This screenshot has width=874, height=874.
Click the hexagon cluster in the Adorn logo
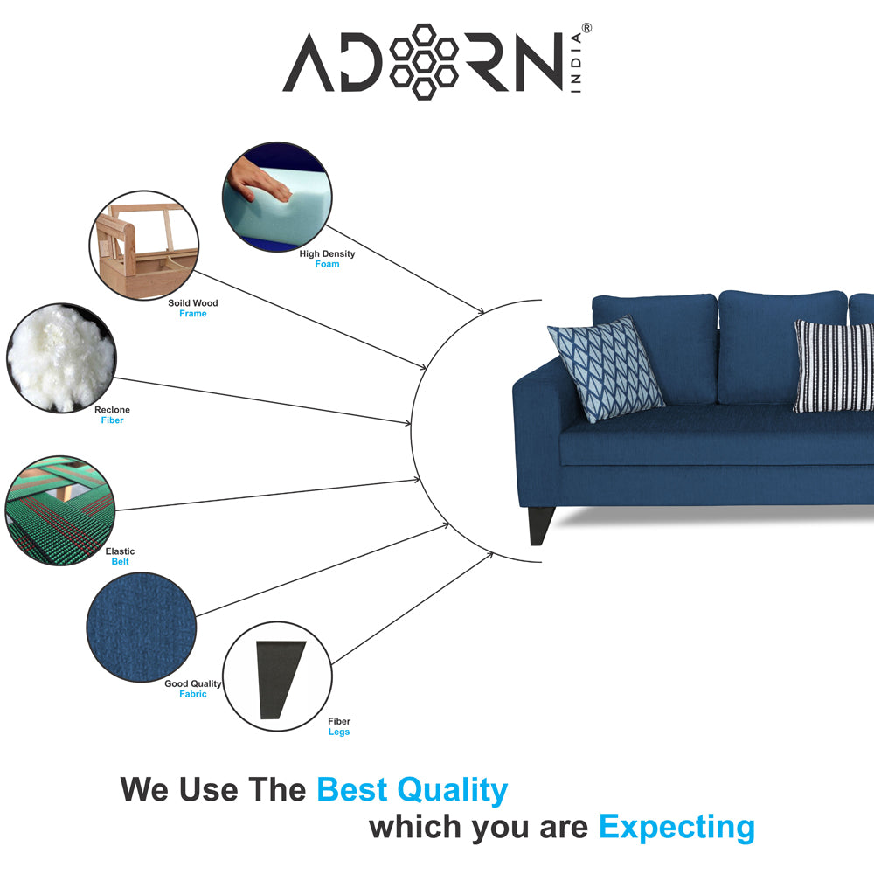click(x=424, y=62)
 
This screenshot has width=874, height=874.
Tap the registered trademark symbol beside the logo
click(x=587, y=28)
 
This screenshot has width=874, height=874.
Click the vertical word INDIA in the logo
click(x=576, y=62)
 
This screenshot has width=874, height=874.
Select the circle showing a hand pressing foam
click(x=277, y=196)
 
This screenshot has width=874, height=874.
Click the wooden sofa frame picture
click(x=144, y=246)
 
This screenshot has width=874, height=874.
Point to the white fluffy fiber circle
click(x=61, y=357)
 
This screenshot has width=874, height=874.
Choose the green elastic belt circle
click(x=60, y=510)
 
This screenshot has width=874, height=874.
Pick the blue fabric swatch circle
click(x=142, y=627)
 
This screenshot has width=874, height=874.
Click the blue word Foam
click(x=327, y=264)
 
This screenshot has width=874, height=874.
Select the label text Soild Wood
click(x=193, y=303)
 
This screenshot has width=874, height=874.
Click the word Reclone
click(x=112, y=410)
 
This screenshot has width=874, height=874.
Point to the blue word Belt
click(x=120, y=562)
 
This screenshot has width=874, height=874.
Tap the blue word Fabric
click(x=193, y=694)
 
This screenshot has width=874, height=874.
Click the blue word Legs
click(x=339, y=732)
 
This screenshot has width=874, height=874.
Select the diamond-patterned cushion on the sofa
click(x=606, y=368)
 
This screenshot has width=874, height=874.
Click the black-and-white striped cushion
click(x=834, y=366)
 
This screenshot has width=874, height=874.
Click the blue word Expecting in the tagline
click(x=676, y=828)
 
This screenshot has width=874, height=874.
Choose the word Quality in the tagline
click(x=452, y=790)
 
